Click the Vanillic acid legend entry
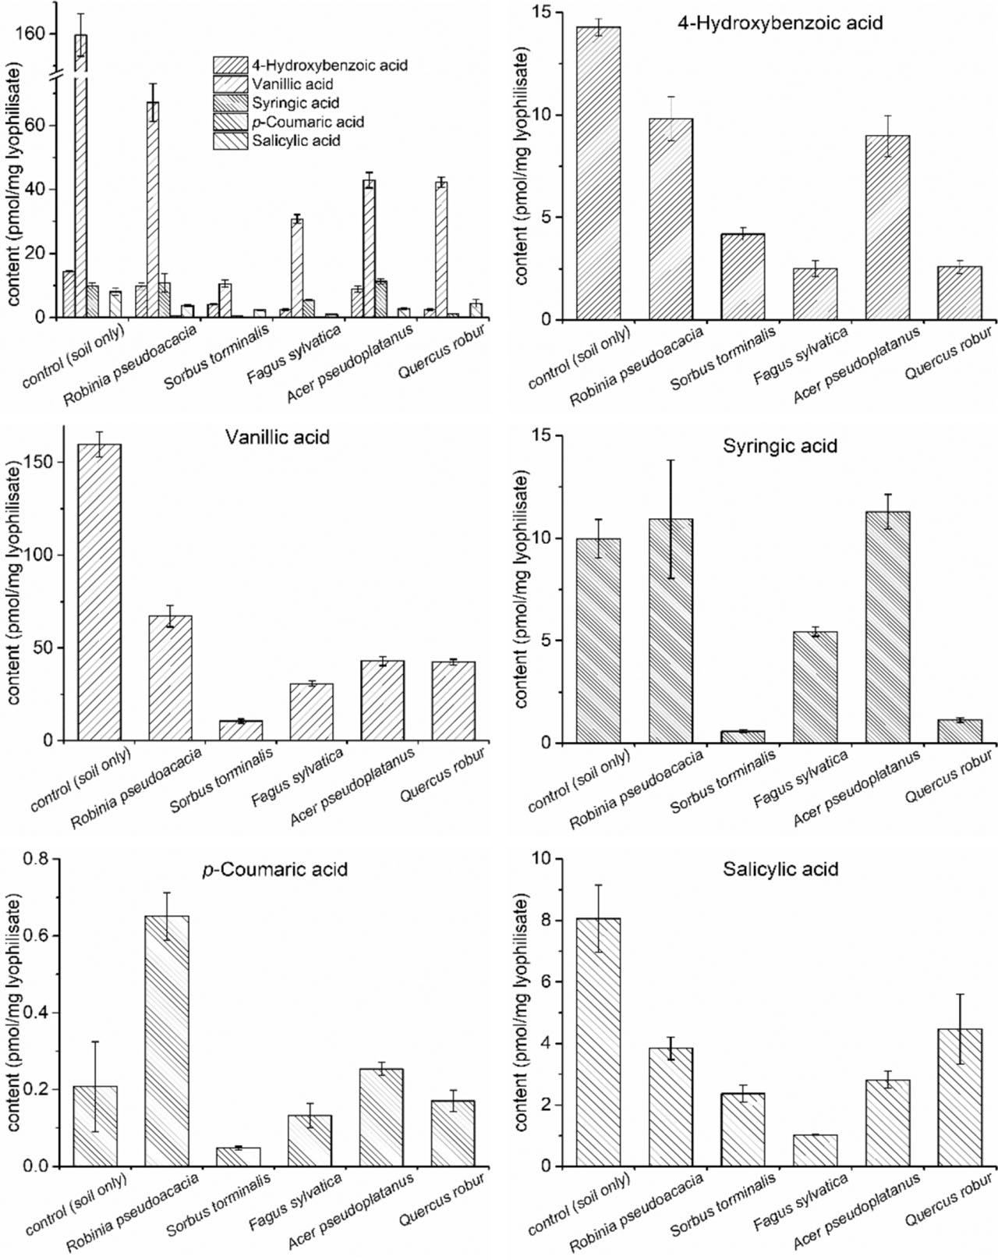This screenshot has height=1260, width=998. [292, 83]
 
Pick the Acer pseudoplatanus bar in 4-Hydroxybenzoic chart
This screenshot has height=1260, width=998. [887, 227]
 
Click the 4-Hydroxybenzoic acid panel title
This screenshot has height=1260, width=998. [779, 23]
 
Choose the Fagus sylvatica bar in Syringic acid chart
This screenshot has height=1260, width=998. [816, 687]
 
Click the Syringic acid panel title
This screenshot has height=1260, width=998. [780, 446]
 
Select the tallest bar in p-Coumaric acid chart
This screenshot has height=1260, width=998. [167, 1041]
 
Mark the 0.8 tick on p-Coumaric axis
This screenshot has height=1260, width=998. [38, 859]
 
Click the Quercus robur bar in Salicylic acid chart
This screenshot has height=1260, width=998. [960, 1097]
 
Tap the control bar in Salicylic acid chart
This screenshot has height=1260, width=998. [599, 1042]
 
